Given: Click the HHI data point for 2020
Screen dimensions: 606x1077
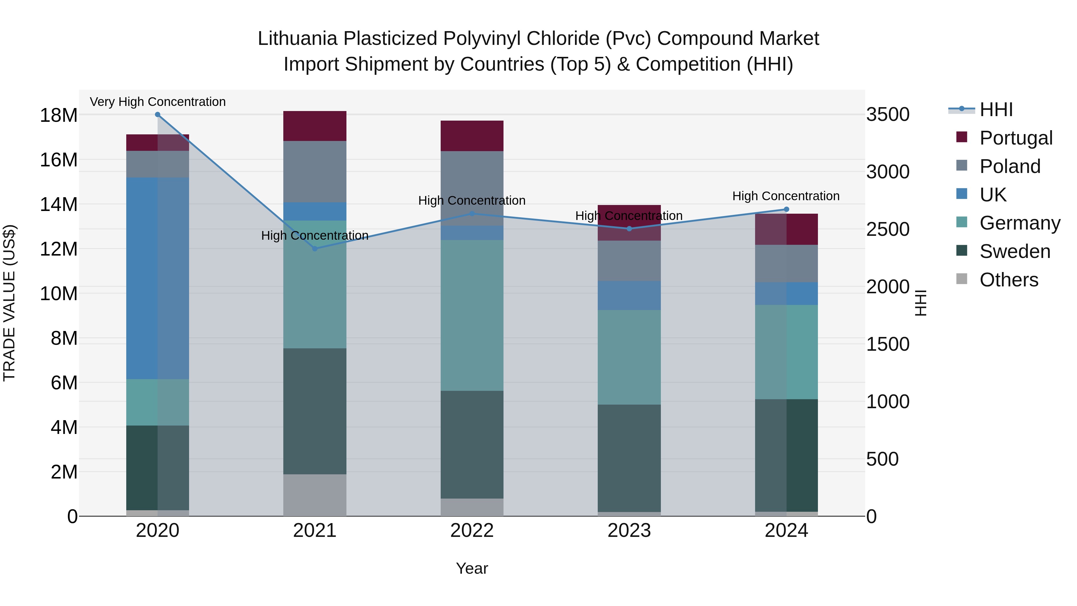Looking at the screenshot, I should [x=158, y=115].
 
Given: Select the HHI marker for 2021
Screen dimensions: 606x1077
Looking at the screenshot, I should [x=315, y=249].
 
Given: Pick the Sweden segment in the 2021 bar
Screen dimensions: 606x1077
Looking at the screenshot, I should [x=315, y=411].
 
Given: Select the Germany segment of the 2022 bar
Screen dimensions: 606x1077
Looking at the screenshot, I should [x=472, y=315].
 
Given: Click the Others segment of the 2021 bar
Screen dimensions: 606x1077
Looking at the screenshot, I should [x=315, y=495].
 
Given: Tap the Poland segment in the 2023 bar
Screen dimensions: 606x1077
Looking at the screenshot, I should [x=629, y=261].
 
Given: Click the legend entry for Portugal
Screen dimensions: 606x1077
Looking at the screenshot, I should [x=1016, y=138].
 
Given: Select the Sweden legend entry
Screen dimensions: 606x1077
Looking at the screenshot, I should [x=1015, y=251].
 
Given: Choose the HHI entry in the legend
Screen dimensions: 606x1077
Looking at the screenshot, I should [x=996, y=110].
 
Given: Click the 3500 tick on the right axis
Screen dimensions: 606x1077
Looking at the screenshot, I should [x=888, y=115].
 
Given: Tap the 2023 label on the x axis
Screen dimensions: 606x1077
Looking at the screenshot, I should [x=629, y=531].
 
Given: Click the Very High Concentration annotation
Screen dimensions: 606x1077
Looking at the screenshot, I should [x=158, y=102].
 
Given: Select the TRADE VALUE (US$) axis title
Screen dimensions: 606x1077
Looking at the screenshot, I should [x=9, y=303].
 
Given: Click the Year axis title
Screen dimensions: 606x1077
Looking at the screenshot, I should [x=472, y=568].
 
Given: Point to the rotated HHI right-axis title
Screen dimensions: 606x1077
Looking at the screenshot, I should [x=921, y=303].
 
